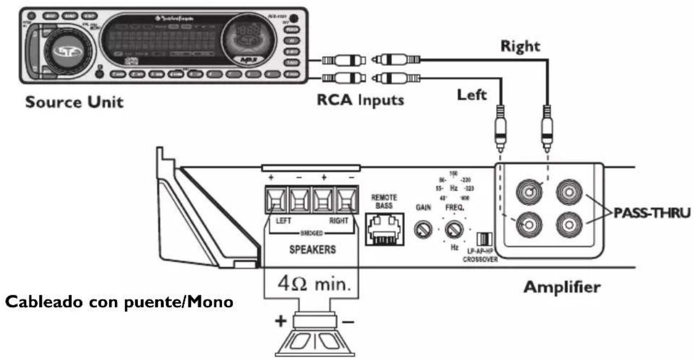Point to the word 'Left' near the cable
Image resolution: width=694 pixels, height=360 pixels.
coord(472,95)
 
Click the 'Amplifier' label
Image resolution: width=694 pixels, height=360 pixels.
coord(561,287)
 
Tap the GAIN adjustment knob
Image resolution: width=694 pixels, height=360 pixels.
coord(422,230)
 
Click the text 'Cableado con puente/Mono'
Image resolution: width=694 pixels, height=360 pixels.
coord(119,302)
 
